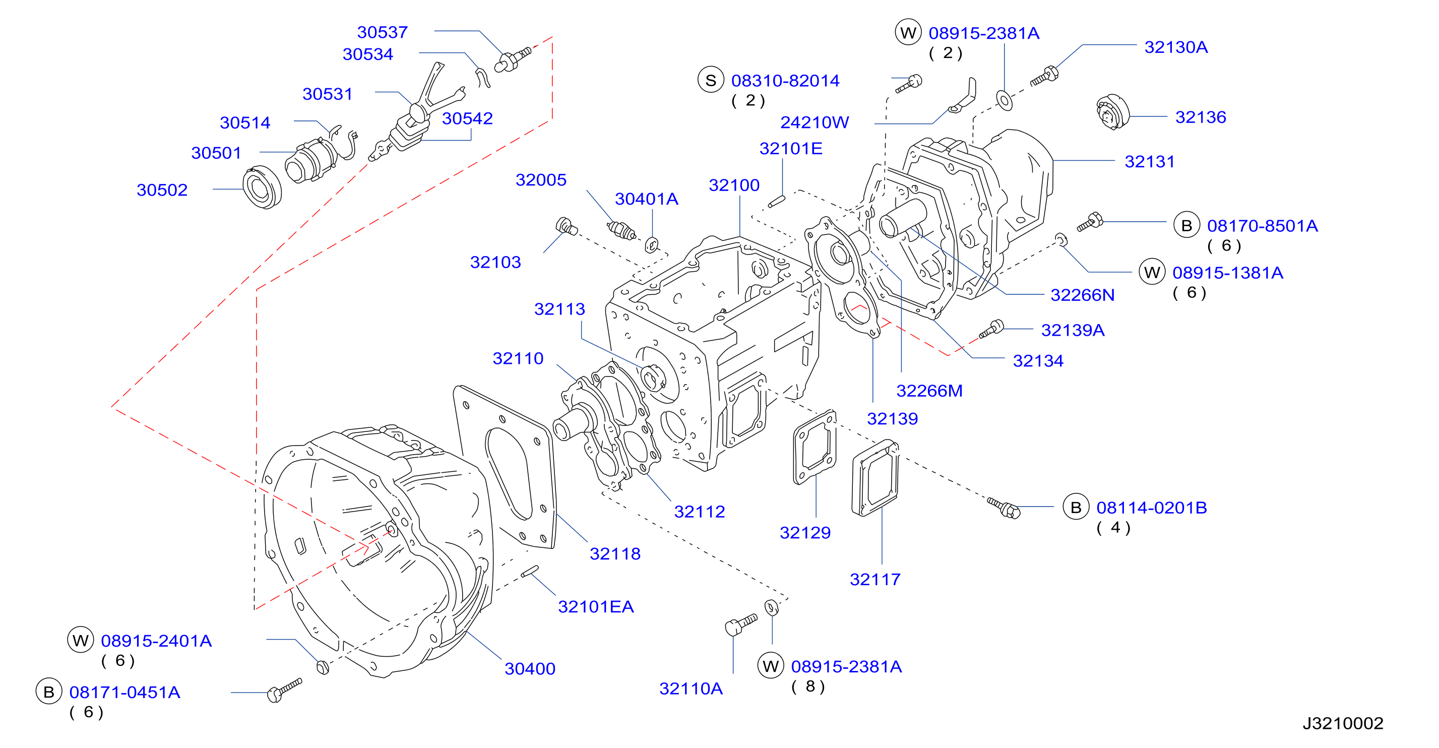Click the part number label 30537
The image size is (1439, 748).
click(382, 32)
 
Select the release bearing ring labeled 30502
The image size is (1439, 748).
click(262, 187)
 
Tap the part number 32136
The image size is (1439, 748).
click(1201, 117)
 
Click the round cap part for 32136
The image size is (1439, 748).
click(1112, 112)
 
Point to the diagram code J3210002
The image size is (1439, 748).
click(1343, 723)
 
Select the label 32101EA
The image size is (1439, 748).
click(595, 607)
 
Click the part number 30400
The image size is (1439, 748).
click(530, 669)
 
